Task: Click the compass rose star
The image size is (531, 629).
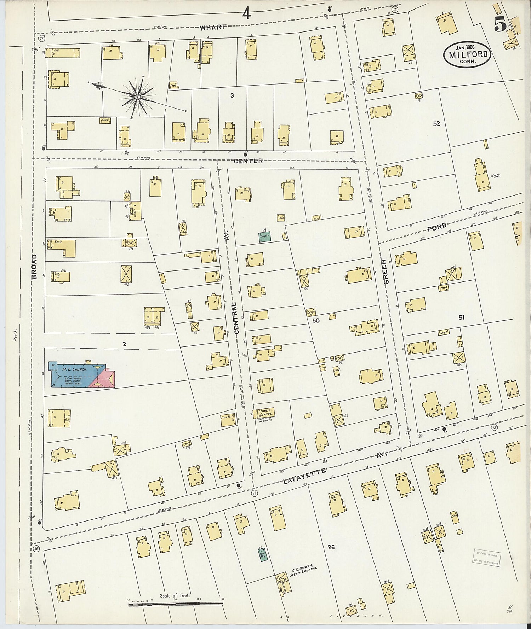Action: pos(137,96)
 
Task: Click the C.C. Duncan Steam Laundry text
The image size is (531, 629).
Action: pos(305,572)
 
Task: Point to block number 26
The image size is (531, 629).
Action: pos(331,548)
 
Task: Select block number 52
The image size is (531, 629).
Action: pos(436,124)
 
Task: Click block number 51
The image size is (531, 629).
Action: pos(461,318)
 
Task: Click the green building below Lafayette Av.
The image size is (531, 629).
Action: pos(263,554)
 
